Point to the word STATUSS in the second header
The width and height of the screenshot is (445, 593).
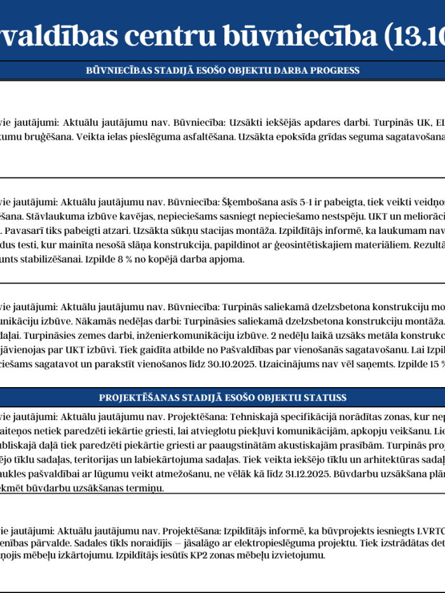tap(324, 397)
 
